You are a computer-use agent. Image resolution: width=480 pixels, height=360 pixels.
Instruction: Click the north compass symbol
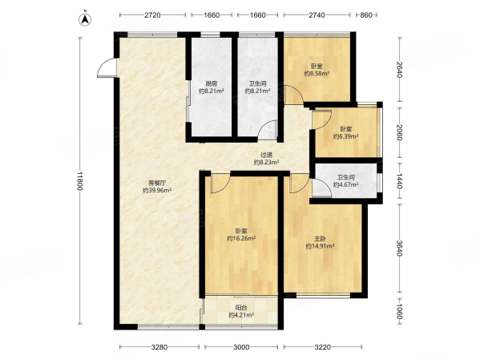(x=86, y=19)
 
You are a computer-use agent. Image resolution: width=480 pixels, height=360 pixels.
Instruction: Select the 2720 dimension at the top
(x=152, y=14)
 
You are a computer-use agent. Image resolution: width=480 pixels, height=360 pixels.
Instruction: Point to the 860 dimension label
(x=366, y=14)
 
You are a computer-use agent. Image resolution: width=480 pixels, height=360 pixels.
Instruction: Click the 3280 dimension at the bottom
(x=159, y=347)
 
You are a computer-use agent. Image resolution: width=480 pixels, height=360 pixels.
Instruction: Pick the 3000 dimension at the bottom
(x=241, y=347)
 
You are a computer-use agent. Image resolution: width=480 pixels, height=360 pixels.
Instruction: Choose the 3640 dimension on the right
(x=399, y=248)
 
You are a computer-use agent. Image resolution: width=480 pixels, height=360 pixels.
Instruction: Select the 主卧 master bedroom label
(x=320, y=239)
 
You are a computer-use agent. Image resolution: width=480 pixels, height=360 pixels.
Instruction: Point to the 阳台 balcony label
(x=241, y=308)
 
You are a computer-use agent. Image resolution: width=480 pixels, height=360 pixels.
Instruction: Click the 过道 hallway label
(x=267, y=155)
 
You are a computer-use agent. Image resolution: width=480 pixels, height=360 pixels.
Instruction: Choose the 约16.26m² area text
(x=241, y=238)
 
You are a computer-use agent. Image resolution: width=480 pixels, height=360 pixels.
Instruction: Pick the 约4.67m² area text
(x=346, y=184)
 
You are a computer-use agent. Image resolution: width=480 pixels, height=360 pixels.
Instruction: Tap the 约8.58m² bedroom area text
(x=317, y=74)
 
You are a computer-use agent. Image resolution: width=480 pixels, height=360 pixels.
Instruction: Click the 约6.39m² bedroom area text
(x=346, y=136)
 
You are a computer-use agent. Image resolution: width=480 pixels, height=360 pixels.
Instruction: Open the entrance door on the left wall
(x=107, y=67)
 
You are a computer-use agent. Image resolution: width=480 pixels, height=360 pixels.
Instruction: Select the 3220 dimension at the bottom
(x=323, y=347)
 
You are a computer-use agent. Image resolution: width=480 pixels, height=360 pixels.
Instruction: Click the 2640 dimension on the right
(x=399, y=70)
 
